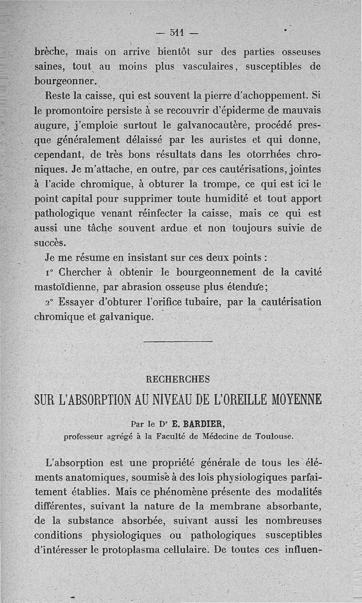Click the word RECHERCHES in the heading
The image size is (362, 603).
tap(178, 378)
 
